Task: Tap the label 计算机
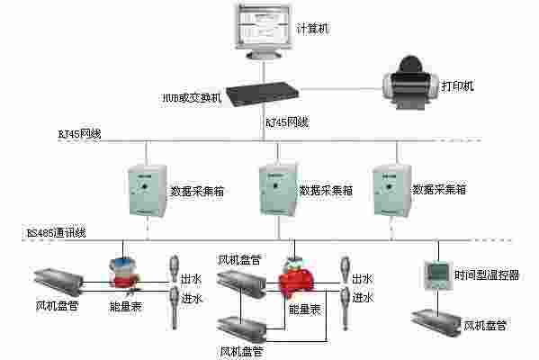[312, 29]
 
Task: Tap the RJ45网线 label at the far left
[78, 134]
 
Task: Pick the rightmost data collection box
[390, 189]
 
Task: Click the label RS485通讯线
[56, 233]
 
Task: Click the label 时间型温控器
[487, 275]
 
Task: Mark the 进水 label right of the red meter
[363, 297]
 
